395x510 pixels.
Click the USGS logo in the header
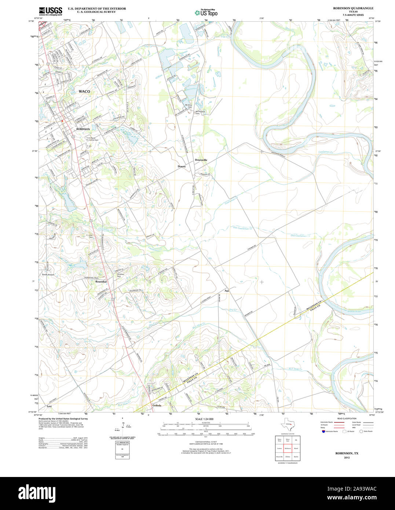click(x=51, y=11)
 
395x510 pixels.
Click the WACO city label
click(x=84, y=91)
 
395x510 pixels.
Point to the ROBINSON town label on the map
click(x=83, y=129)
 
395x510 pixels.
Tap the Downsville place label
click(x=201, y=160)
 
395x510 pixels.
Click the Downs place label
click(x=182, y=167)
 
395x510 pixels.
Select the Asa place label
click(x=227, y=291)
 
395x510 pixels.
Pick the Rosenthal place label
click(x=101, y=282)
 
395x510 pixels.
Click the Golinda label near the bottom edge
click(x=157, y=405)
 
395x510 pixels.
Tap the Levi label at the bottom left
click(x=49, y=407)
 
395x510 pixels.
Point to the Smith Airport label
click(x=48, y=274)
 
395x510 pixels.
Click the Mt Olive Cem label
click(x=189, y=106)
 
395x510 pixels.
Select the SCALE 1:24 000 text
click(x=204, y=419)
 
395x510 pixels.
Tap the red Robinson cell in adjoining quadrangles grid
click(x=288, y=448)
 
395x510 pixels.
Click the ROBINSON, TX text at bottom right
click(x=347, y=453)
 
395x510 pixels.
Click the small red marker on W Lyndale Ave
click(x=63, y=120)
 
